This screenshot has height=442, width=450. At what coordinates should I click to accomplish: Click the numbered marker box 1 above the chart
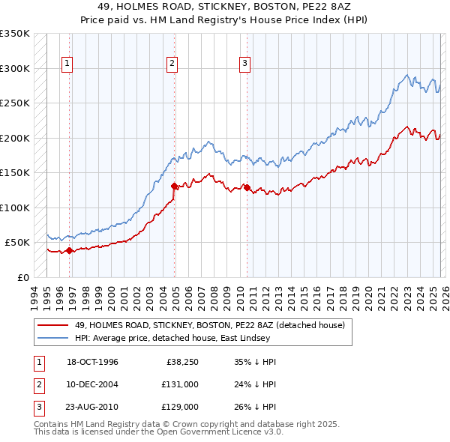click(67, 64)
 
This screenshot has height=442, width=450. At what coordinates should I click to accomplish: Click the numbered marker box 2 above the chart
click(172, 64)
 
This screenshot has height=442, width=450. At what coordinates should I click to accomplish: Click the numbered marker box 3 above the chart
click(244, 64)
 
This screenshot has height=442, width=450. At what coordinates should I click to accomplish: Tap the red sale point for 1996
click(69, 251)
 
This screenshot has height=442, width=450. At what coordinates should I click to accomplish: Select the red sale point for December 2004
click(174, 186)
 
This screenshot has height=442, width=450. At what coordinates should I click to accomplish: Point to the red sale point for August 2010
click(247, 187)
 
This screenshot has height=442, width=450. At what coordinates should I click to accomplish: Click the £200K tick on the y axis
click(15, 138)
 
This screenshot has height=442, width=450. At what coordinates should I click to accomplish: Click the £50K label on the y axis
click(17, 243)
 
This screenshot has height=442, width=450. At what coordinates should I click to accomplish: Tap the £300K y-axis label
click(15, 68)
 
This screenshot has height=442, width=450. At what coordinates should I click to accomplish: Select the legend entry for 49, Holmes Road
click(209, 325)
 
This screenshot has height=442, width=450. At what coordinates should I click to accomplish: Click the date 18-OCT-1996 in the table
click(92, 362)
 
